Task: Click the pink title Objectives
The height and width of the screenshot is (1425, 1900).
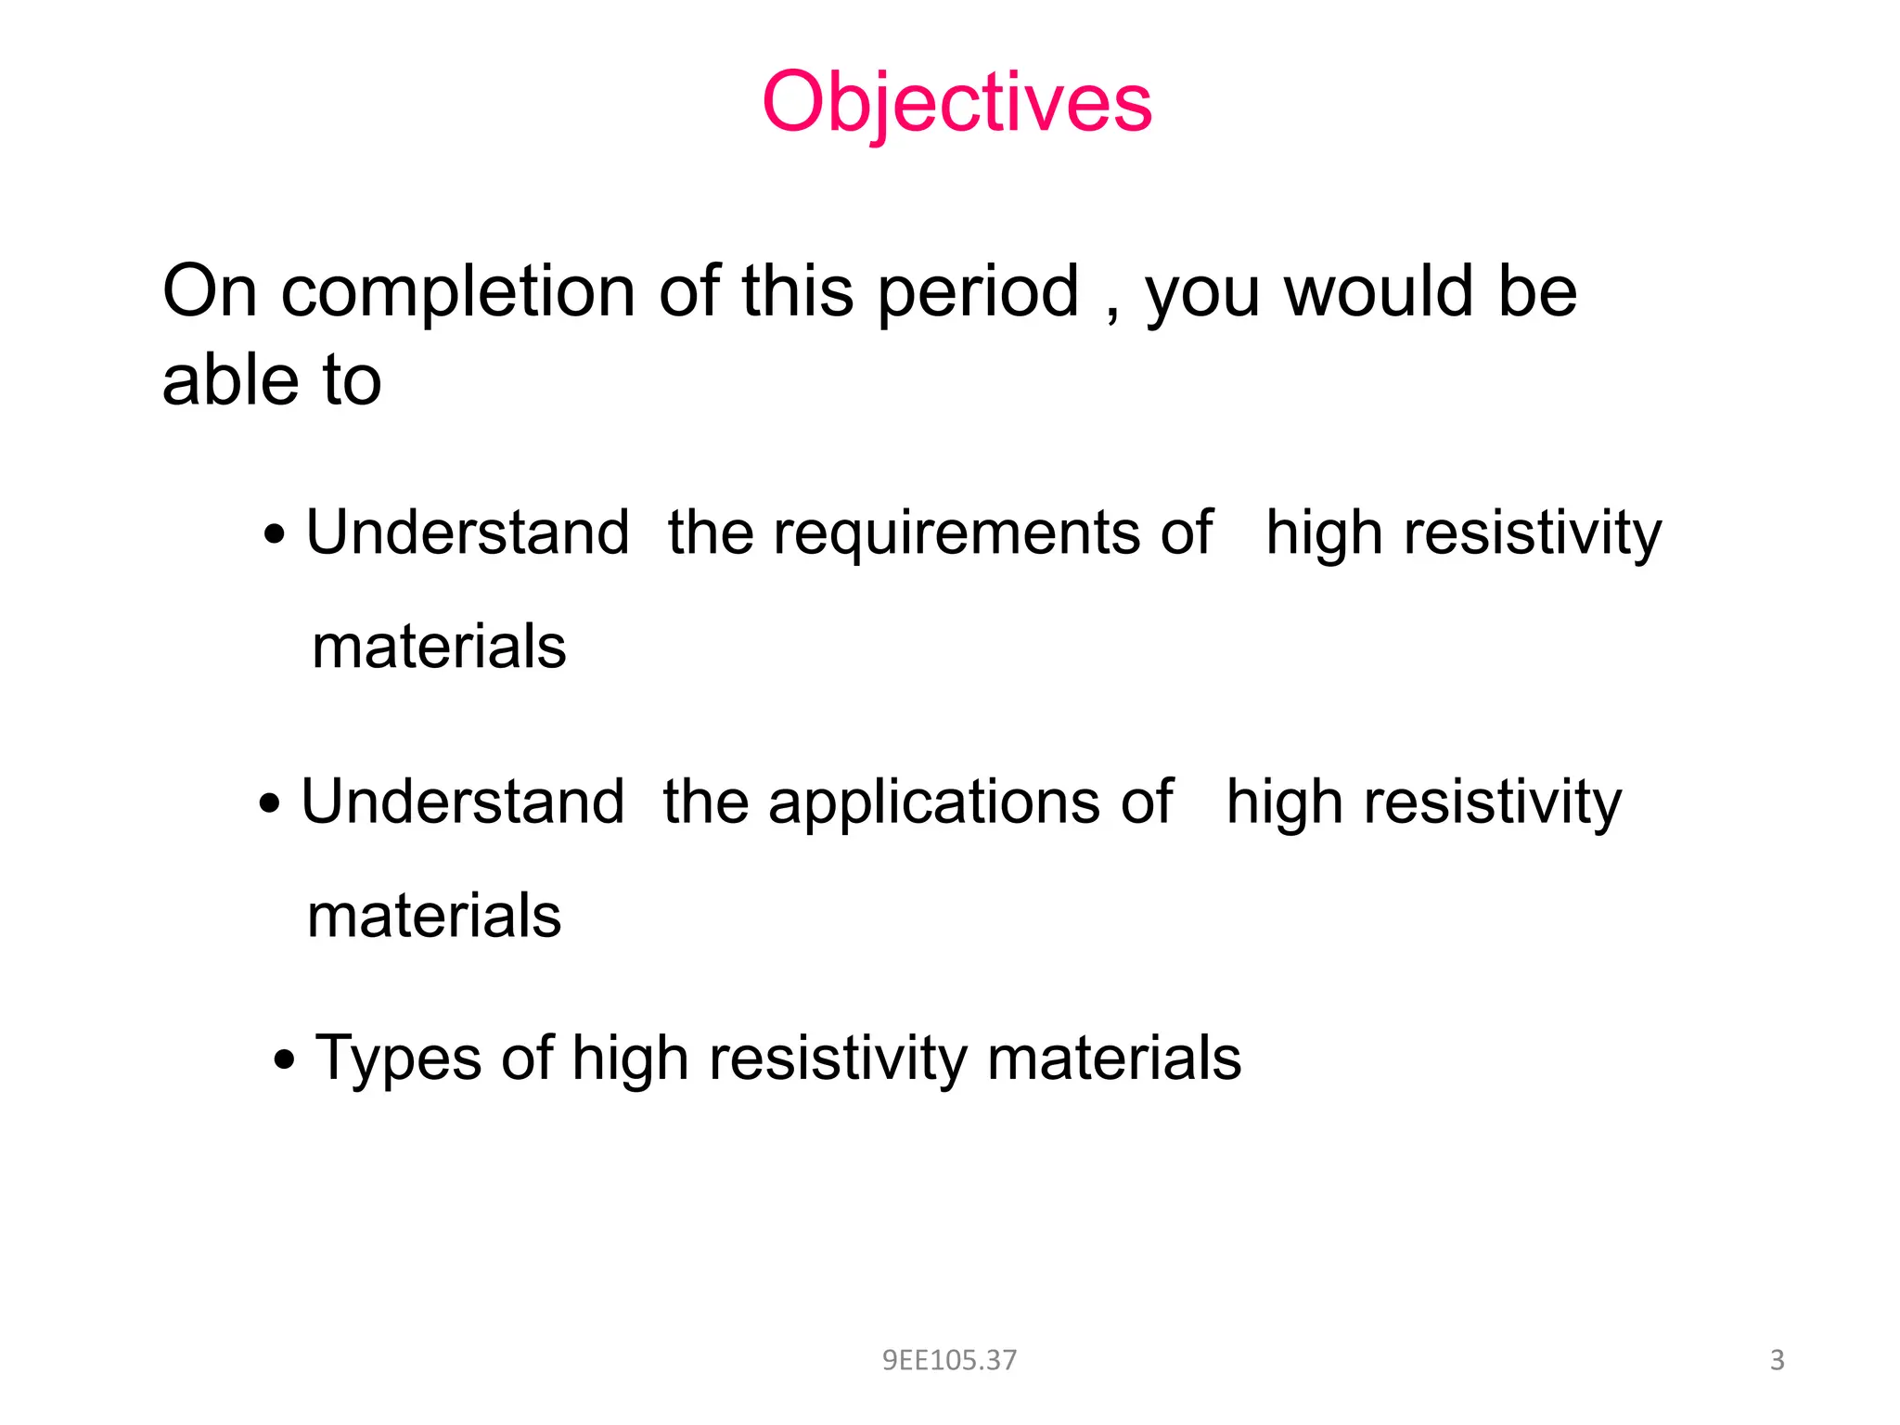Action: pyautogui.click(x=956, y=103)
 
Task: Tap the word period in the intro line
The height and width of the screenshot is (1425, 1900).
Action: pyautogui.click(x=978, y=293)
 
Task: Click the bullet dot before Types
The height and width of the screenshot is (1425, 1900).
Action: pyautogui.click(x=285, y=1059)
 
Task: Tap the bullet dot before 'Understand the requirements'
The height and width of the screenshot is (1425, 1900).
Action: pyautogui.click(x=274, y=535)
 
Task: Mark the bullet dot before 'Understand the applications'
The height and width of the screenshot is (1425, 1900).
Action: pyautogui.click(x=269, y=804)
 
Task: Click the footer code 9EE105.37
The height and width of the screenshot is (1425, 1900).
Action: pyautogui.click(x=949, y=1360)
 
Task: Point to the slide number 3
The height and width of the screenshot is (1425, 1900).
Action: pyautogui.click(x=1777, y=1360)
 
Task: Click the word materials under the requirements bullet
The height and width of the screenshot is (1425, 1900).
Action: pyautogui.click(x=439, y=647)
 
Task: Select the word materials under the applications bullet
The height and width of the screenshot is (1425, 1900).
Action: pyautogui.click(x=434, y=916)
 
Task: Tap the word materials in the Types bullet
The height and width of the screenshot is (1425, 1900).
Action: pyautogui.click(x=1113, y=1059)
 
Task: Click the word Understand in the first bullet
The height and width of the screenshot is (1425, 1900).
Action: pyautogui.click(x=468, y=533)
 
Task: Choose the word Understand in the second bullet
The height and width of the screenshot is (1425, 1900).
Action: pyautogui.click(x=463, y=802)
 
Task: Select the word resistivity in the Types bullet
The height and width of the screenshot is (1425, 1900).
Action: pyautogui.click(x=838, y=1059)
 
